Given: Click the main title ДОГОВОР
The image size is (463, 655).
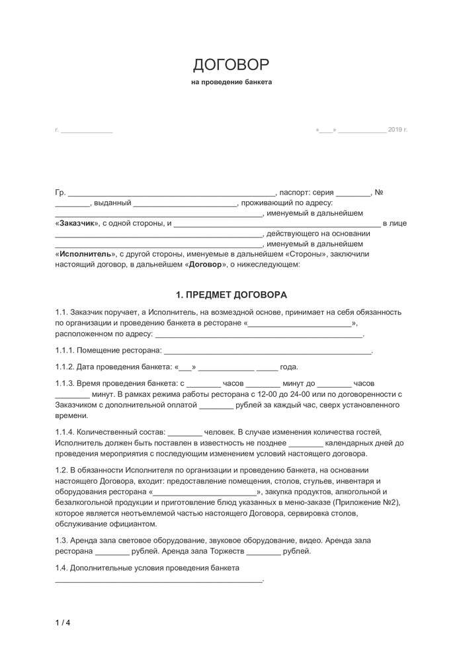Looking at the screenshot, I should (231, 64).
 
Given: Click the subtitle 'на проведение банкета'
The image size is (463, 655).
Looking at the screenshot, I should (231, 83).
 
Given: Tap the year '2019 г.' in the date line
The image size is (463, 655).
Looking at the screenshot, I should (398, 130).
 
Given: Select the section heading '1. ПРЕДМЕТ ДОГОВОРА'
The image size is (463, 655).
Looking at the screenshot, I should (231, 294).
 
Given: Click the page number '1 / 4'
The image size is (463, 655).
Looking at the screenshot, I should (62, 622).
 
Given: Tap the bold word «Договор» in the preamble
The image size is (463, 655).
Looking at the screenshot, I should (205, 264).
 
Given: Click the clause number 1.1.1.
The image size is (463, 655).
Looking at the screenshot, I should (64, 350).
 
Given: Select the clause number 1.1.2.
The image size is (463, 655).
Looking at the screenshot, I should (64, 367).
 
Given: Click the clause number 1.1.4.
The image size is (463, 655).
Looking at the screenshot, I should (64, 431).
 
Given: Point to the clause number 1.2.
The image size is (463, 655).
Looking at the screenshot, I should (61, 469).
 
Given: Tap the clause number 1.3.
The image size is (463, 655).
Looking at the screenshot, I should (61, 541).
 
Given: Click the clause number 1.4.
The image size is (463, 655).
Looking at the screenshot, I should (61, 568).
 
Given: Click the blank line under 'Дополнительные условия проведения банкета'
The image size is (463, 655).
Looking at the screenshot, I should (159, 580).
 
